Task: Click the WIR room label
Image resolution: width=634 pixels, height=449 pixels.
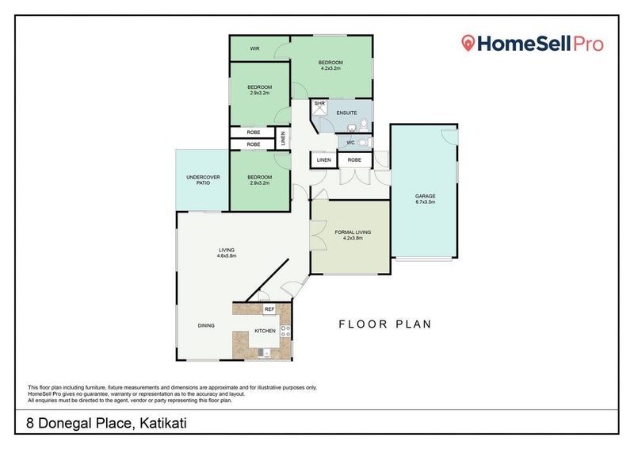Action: point(254,48)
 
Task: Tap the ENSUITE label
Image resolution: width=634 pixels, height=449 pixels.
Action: point(346,113)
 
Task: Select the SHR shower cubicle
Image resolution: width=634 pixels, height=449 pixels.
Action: point(319,108)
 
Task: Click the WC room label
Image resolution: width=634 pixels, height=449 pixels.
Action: point(350,143)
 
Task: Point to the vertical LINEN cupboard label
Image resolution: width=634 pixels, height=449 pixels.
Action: point(283,139)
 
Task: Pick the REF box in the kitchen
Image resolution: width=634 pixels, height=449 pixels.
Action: point(269,309)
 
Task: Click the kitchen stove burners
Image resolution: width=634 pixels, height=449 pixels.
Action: point(285,331)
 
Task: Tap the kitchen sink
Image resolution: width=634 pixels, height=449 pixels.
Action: point(264,353)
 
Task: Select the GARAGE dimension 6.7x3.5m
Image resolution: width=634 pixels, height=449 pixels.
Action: point(425,201)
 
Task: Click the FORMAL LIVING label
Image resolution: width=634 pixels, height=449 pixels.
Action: point(353,232)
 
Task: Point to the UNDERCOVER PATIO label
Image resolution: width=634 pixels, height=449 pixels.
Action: point(203,180)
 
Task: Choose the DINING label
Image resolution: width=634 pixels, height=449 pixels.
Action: point(206,325)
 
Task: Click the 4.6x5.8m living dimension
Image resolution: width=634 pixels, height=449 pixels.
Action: point(227,256)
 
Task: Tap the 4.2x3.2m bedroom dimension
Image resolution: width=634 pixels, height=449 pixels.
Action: point(330,68)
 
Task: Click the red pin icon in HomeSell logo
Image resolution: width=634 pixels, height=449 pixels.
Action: point(468,43)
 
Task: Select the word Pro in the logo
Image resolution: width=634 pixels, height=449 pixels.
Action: point(588,44)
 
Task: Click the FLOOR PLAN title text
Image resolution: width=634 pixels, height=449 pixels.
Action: point(385,324)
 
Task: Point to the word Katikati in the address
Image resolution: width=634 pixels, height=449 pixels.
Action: point(163,423)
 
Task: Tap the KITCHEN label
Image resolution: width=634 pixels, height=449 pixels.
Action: point(265,331)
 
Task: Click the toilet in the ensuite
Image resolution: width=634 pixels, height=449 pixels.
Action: point(364,125)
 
